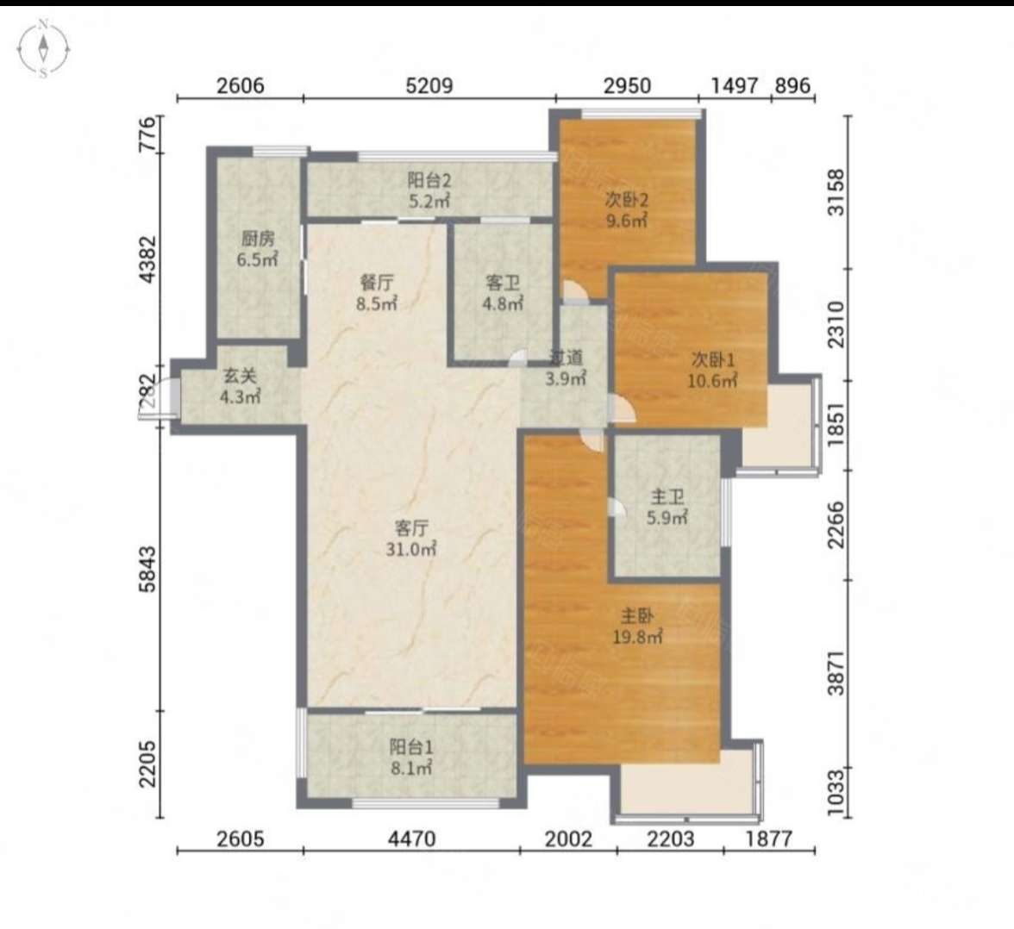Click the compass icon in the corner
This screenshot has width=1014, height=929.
[x=43, y=48]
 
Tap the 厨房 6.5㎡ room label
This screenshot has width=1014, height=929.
[x=257, y=249]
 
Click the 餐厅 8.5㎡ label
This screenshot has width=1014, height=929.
[x=376, y=292]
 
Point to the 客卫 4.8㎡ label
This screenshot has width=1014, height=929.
[x=503, y=292]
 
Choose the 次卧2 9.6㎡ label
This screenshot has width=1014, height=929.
[x=626, y=209]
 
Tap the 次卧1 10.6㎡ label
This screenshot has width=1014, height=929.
[x=712, y=370]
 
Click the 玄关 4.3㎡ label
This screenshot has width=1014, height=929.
[x=240, y=386]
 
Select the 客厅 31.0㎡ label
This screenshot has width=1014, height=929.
[x=410, y=539]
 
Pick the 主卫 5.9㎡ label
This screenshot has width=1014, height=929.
[x=667, y=508]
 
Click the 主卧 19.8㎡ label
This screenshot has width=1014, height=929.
[x=637, y=627]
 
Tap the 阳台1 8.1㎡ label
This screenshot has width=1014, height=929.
[x=410, y=757]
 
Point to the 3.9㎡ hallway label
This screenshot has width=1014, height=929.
[x=566, y=368]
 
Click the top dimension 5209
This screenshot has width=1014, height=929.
[x=429, y=85]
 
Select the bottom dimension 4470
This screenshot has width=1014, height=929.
[x=411, y=839]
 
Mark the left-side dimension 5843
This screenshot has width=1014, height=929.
[x=148, y=569]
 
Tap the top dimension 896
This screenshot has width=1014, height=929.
[x=792, y=85]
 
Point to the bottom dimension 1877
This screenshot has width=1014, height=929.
[x=769, y=839]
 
